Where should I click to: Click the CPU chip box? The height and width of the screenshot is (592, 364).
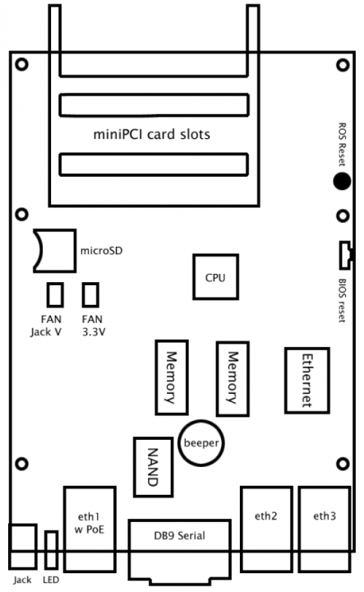[216, 277]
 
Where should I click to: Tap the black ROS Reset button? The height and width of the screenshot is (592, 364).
[342, 181]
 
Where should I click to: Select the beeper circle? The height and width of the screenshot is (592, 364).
[201, 443]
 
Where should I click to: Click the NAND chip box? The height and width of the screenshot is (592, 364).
[153, 467]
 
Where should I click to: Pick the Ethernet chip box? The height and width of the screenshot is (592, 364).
[307, 381]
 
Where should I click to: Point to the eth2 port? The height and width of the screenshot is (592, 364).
[267, 529]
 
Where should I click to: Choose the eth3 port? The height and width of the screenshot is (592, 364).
[325, 529]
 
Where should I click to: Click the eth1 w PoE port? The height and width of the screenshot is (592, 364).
[90, 529]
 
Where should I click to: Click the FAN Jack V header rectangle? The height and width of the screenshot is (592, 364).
[55, 294]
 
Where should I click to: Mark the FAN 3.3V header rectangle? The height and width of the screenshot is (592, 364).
[90, 294]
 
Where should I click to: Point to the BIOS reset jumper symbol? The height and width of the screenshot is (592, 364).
[344, 255]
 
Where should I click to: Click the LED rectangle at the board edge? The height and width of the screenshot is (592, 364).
[51, 550]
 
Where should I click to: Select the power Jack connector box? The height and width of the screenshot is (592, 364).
[23, 546]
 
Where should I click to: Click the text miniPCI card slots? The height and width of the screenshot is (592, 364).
[152, 134]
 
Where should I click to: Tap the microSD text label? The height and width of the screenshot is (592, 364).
[101, 251]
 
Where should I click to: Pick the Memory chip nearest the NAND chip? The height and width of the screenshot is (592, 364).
[172, 377]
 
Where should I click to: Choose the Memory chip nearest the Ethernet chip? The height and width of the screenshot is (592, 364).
[233, 379]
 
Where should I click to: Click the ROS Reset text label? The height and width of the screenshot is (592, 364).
[342, 144]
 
